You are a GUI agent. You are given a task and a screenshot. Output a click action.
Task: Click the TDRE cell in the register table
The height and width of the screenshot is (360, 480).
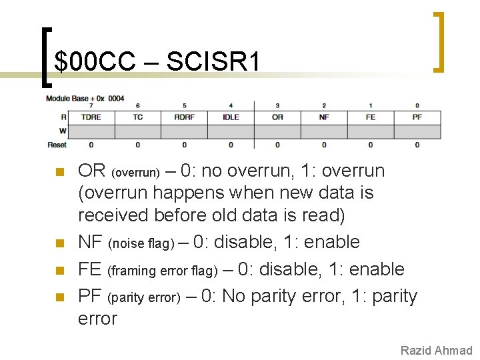tap(91, 117)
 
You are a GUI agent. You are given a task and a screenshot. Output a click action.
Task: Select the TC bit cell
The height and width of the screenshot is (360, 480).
tap(137, 117)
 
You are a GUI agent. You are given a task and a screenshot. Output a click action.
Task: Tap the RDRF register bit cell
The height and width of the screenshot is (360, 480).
tap(184, 117)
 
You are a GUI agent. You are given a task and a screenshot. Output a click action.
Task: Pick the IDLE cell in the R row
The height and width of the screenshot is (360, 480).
tap(231, 117)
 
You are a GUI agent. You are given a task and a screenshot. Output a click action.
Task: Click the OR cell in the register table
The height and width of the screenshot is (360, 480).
tap(277, 117)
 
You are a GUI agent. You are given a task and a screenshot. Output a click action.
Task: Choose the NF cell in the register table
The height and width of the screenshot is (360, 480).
tap(324, 117)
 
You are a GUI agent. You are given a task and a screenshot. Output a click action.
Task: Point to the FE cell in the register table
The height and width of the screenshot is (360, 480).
tap(371, 117)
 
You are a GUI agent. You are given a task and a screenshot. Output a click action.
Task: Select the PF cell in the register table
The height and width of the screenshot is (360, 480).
tap(417, 117)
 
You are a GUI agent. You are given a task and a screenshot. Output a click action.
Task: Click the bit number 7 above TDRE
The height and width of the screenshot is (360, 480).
tap(91, 105)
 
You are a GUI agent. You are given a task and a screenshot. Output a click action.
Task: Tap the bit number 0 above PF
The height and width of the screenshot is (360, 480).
tap(417, 105)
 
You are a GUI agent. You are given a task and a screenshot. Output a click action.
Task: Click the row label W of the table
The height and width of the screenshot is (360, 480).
tap(63, 131)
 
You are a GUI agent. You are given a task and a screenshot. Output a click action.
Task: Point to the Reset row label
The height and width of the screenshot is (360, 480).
tap(57, 145)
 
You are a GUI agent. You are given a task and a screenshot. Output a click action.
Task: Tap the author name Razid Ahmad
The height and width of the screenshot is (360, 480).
tap(436, 351)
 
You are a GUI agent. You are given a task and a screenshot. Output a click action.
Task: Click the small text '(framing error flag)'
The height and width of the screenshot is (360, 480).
tap(163, 271)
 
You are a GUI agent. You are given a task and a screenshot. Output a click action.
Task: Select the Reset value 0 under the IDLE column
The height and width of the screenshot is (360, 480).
tap(231, 145)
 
